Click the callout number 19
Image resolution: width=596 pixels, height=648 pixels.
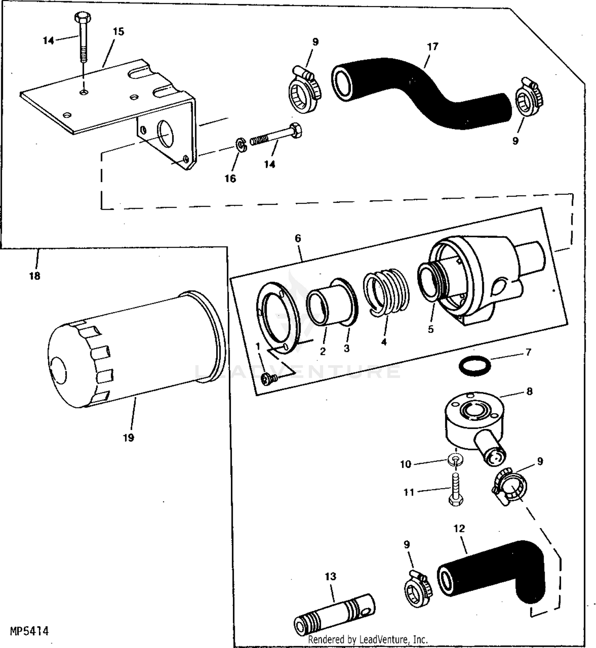tap(128, 438)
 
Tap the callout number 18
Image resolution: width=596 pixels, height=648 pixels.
tap(35, 276)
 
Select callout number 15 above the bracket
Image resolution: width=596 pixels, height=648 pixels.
tap(118, 31)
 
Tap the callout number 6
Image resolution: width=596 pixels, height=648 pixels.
tap(298, 238)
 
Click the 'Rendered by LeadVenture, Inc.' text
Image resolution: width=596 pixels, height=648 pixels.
tap(368, 639)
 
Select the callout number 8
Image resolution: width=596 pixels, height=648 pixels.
tap(529, 391)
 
